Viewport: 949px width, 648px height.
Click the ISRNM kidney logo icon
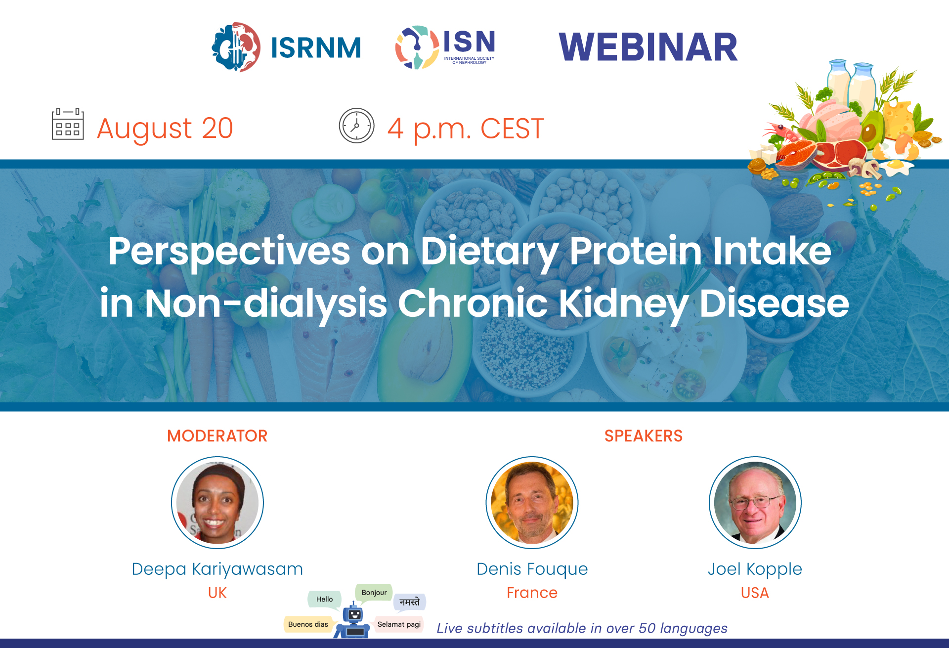(236, 47)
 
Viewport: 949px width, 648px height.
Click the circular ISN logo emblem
(416, 47)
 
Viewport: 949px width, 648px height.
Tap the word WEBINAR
(647, 47)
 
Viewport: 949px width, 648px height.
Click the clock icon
(356, 126)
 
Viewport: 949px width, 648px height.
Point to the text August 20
(165, 129)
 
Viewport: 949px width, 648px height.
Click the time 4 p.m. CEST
(465, 129)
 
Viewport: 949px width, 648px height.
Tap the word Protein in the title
(636, 251)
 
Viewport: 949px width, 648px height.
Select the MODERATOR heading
(217, 436)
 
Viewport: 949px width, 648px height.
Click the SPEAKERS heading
(643, 436)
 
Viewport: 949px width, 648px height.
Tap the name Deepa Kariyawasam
(217, 569)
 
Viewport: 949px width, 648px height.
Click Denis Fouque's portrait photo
(532, 503)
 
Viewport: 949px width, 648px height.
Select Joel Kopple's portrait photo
(755, 503)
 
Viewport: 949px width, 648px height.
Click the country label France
(532, 593)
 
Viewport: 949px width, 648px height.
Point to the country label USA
(755, 593)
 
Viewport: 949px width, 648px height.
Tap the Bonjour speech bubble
(374, 593)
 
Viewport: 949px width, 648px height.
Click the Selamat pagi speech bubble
(399, 624)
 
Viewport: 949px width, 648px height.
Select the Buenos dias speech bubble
(308, 624)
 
